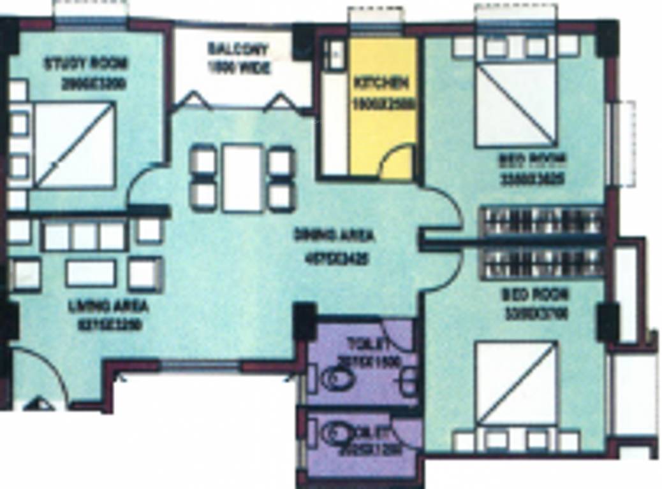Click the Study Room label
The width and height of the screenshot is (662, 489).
(x=85, y=64)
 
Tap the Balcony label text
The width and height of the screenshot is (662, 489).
(x=238, y=49)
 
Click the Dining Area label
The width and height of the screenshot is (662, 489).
(x=334, y=235)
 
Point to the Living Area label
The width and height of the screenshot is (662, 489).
(x=108, y=305)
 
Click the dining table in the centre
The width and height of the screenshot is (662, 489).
(x=242, y=178)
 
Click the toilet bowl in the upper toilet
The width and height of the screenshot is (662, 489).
(x=336, y=380)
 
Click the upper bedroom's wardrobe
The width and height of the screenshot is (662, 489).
(x=541, y=221)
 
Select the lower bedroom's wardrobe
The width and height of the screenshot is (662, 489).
(x=541, y=263)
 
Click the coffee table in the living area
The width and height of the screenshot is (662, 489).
(x=91, y=273)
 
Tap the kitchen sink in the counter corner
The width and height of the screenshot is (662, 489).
(x=333, y=53)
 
